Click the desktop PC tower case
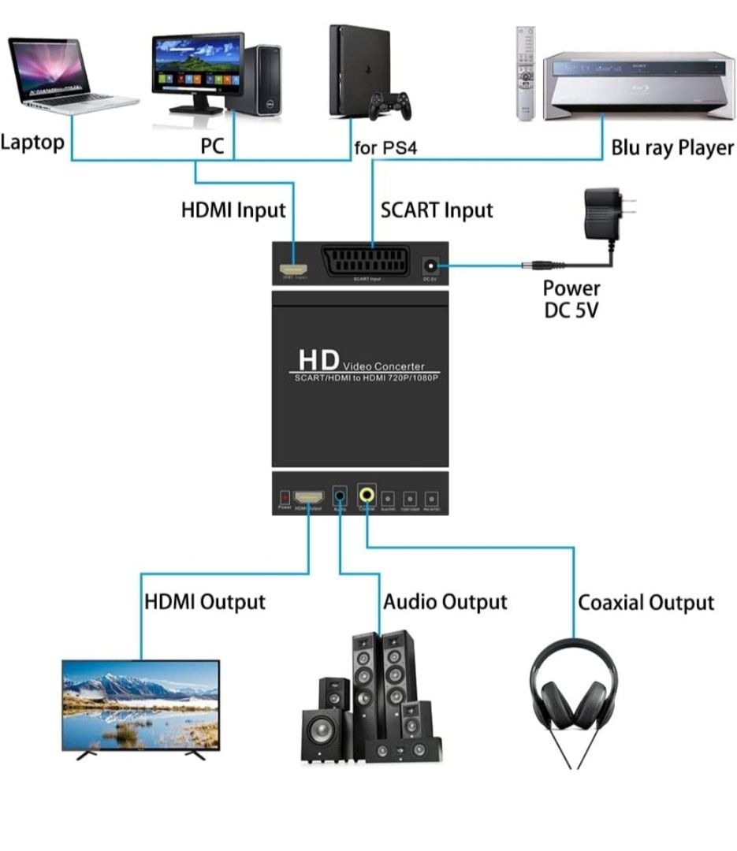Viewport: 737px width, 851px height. (x=262, y=78)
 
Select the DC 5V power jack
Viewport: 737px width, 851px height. (x=431, y=265)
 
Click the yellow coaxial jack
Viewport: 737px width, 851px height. (x=367, y=496)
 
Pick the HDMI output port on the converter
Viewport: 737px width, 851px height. (x=309, y=497)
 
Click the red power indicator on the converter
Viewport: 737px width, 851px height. (x=285, y=498)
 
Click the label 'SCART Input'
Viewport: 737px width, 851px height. (x=436, y=211)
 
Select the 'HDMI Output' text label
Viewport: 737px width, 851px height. (x=205, y=602)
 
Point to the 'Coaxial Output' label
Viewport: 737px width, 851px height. (x=646, y=604)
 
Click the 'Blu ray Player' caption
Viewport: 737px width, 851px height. (x=672, y=148)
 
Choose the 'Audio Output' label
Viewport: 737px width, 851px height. (x=445, y=603)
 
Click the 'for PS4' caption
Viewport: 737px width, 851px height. (x=385, y=148)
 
